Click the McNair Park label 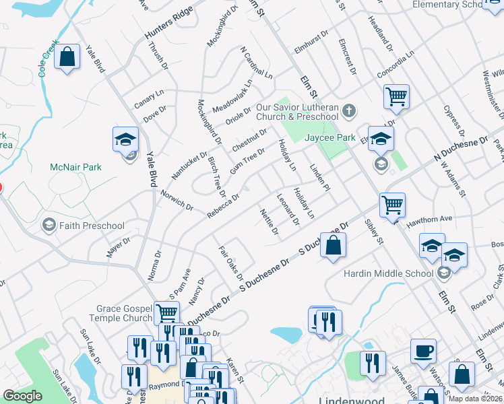click(x=75, y=167)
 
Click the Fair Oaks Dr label click(x=230, y=263)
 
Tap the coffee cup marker click(x=422, y=350)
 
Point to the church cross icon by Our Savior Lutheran click(x=349, y=110)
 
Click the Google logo click(x=22, y=396)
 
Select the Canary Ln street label click(x=150, y=101)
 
